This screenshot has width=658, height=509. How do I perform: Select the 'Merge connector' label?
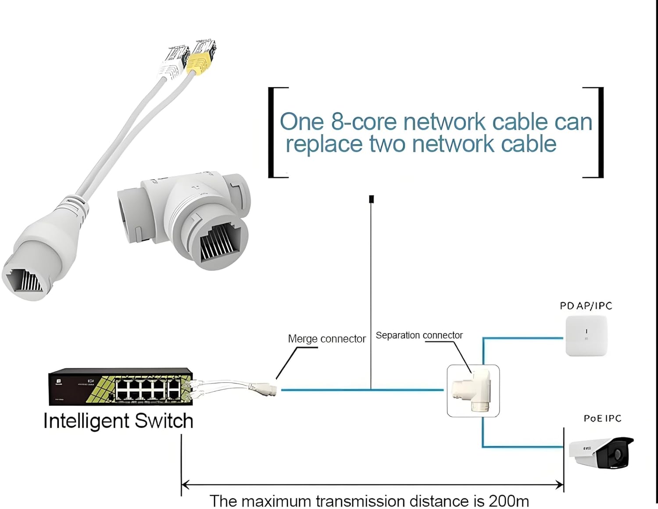click(x=326, y=339)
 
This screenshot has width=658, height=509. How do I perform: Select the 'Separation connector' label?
click(x=419, y=335)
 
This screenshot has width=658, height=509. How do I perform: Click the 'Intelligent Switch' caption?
click(x=118, y=421)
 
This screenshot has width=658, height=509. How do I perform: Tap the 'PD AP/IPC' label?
click(x=586, y=306)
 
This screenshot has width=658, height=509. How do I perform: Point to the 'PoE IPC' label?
click(x=602, y=419)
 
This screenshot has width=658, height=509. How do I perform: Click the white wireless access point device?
click(x=586, y=336)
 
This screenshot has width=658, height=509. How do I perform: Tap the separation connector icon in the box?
click(x=473, y=390)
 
